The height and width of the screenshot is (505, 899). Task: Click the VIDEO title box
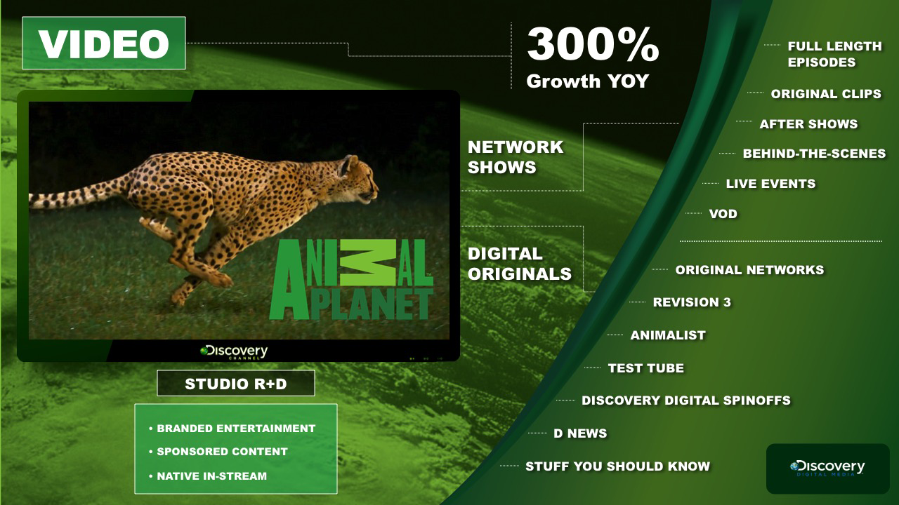104,43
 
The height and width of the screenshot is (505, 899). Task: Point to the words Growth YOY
588,81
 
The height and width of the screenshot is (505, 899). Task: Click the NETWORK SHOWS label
516,156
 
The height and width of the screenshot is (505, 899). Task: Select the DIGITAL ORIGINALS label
519,264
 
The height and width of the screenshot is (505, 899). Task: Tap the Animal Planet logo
352,279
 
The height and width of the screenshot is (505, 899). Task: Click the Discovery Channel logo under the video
234,352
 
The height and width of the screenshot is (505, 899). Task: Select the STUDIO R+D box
235,383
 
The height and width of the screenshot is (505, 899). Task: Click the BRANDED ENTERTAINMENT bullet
232,429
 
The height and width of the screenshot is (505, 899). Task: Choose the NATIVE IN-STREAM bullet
208,476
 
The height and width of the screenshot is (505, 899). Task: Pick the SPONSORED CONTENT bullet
218,451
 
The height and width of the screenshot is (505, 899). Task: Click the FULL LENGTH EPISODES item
835,54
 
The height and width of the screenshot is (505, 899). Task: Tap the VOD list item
723,214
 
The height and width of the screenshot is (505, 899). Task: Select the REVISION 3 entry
692,302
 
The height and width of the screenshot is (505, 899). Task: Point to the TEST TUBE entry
645,368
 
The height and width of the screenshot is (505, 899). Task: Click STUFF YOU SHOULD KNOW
617,466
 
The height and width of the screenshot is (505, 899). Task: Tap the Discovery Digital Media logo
827,468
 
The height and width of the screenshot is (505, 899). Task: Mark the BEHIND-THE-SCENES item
814,153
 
